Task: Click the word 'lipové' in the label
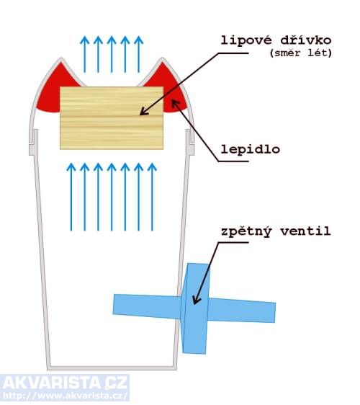point(246,40)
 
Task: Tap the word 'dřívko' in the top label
point(306,40)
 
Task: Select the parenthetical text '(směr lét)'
point(301,53)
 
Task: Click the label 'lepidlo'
point(251,150)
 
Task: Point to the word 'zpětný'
point(246,232)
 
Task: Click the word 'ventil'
point(306,231)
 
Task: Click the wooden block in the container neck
point(112,118)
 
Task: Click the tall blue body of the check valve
point(195,308)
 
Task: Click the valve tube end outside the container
point(272,313)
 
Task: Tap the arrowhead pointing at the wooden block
point(143,112)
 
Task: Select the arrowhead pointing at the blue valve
point(196,301)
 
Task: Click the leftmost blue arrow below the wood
point(71,197)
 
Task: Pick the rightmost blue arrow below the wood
point(152,197)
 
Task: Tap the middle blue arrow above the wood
point(112,54)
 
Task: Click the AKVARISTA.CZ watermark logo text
point(65,383)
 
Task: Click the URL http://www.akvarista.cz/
point(65,396)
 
